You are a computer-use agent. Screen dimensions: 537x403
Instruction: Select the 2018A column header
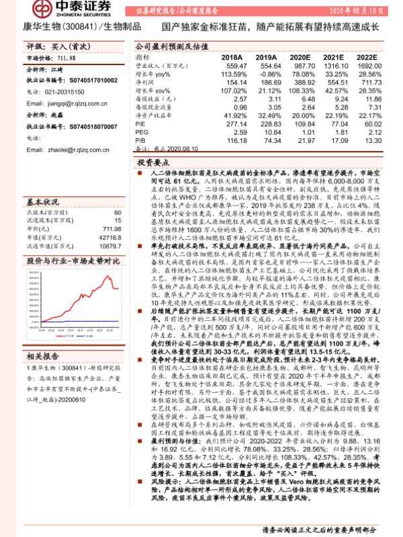(x=235, y=58)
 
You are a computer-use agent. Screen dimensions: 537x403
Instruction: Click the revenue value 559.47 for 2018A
(x=237, y=67)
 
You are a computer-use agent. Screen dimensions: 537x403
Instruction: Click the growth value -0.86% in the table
(x=269, y=75)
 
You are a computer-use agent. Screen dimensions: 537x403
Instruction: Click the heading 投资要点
(x=153, y=163)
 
